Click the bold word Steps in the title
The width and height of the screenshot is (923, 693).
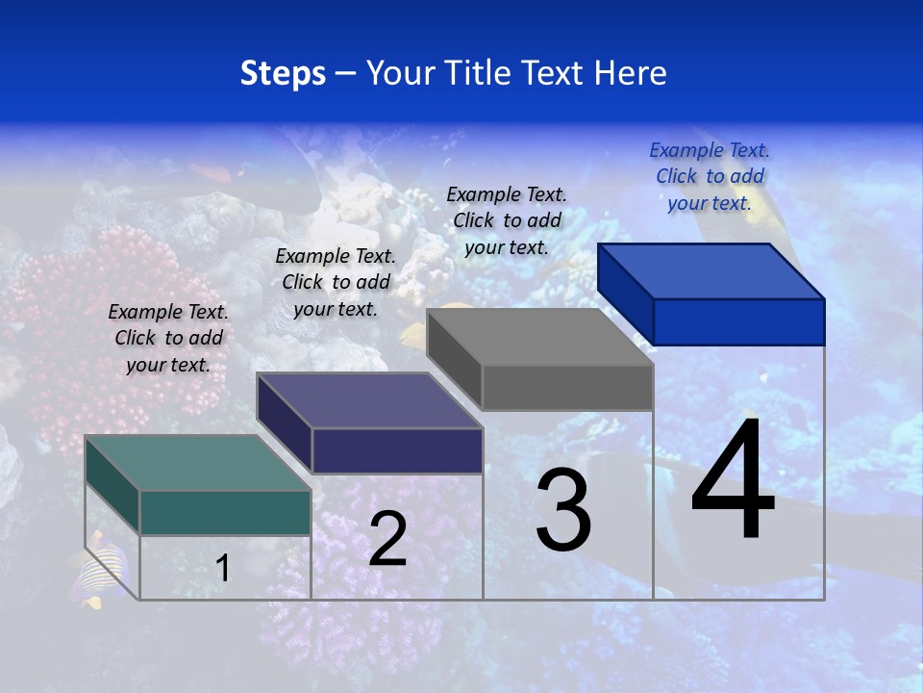[283, 73]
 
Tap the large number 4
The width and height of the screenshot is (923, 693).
[733, 481]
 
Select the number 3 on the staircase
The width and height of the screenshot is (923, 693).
[563, 511]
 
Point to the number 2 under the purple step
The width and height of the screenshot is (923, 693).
[387, 539]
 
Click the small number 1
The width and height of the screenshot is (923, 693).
[223, 568]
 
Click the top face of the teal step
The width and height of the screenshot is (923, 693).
[197, 462]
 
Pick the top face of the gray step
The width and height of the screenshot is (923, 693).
[539, 337]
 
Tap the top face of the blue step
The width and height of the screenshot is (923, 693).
[711, 270]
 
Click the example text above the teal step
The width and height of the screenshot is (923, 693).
[168, 338]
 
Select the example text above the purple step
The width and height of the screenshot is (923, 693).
[336, 282]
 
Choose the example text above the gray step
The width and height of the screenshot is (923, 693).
[507, 220]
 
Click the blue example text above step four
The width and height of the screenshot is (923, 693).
[710, 176]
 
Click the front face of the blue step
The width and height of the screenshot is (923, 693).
[738, 321]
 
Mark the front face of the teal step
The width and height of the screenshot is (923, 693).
[225, 512]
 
